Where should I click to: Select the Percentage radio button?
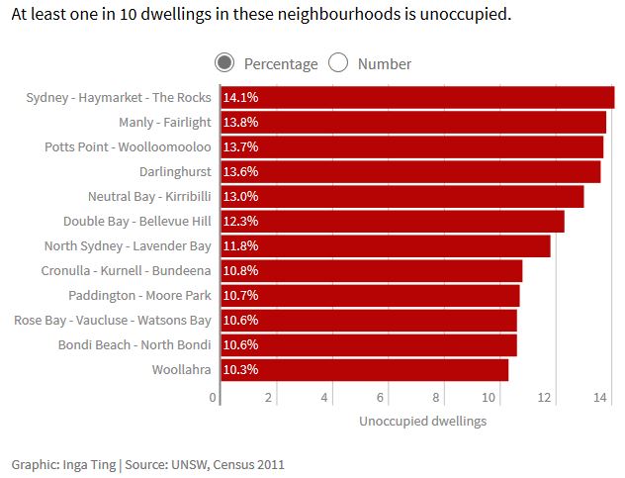[x=224, y=63]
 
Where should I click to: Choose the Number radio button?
[x=338, y=63]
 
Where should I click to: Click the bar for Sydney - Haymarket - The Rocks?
[x=416, y=97]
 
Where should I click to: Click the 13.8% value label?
[x=240, y=122]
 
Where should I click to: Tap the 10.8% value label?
[x=240, y=270]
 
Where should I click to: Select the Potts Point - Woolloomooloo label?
[x=128, y=146]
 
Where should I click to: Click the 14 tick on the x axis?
[x=599, y=397]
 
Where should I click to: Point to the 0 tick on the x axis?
[x=213, y=397]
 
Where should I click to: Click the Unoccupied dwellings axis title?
[x=422, y=421]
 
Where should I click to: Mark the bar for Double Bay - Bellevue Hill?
[x=392, y=221]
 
